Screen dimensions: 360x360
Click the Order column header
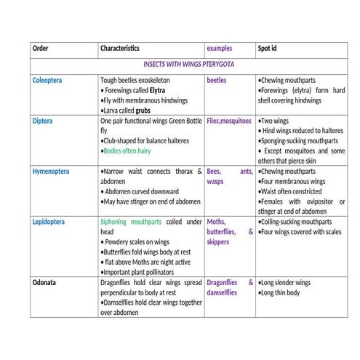pos(40,49)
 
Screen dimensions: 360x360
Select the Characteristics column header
pos(120,49)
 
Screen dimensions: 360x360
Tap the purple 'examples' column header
pos(220,49)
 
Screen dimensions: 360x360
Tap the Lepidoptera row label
pos(50,222)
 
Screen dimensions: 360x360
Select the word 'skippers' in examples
pos(218,241)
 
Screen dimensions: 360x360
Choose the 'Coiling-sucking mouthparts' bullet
pos(296,222)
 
